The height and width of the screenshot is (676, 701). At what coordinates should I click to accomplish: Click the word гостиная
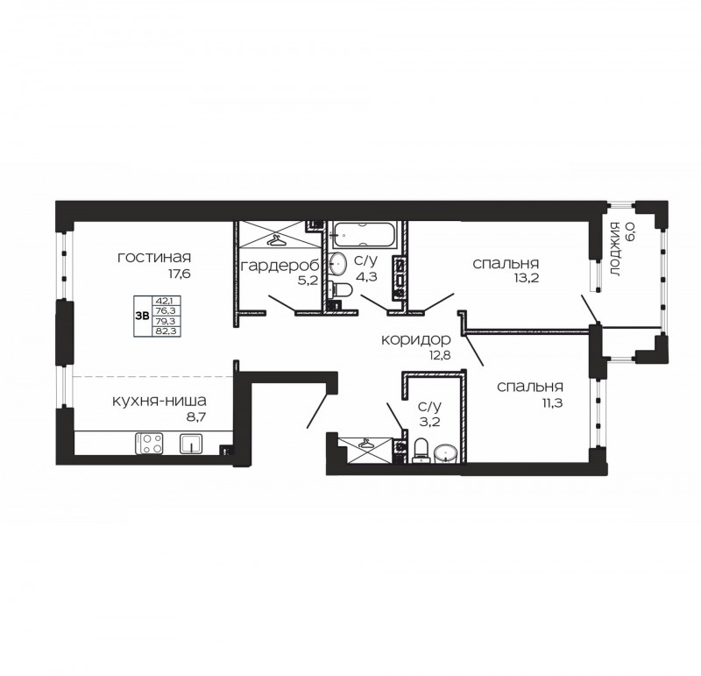point(154,258)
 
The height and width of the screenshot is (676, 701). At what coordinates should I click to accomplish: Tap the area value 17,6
point(179,274)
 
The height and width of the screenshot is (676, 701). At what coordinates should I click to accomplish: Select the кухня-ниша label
point(159,401)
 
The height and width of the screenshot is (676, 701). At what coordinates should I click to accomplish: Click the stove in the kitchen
point(149,444)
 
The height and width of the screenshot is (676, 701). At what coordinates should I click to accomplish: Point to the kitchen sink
point(191,444)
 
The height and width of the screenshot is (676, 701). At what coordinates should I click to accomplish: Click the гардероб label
point(280,266)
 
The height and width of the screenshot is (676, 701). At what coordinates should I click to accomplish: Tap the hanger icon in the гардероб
point(276,242)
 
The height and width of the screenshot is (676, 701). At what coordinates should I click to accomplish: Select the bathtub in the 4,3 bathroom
point(363,235)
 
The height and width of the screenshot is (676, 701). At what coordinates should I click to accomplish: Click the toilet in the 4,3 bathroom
point(341,290)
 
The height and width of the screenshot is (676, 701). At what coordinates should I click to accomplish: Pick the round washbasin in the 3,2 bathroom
point(446,453)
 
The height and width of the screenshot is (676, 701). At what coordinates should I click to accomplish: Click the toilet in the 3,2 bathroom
point(421,451)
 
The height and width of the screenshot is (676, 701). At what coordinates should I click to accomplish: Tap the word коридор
point(415,340)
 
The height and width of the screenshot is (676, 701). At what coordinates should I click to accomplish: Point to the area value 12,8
point(439,356)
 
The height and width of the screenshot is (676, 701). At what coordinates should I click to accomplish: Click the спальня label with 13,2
point(506,264)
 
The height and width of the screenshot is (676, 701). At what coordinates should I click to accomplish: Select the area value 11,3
point(552,402)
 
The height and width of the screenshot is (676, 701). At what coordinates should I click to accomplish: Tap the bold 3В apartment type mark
point(142,316)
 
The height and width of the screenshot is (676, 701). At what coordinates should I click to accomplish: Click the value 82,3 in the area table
point(166,331)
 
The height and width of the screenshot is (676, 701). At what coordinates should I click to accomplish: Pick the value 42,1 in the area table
point(165,300)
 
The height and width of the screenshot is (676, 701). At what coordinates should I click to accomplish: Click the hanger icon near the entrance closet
point(366,444)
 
